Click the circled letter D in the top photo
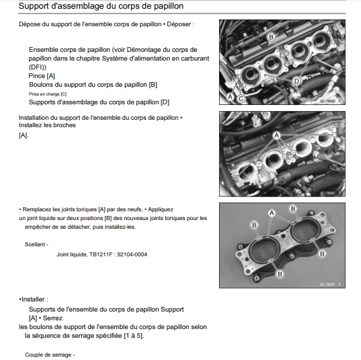[296, 81]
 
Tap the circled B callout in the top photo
[271, 37]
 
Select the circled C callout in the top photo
[241, 99]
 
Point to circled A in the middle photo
[276, 135]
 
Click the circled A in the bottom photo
[272, 213]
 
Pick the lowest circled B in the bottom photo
[280, 274]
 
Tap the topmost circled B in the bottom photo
[293, 209]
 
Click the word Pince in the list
[36, 76]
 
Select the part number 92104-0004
[132, 254]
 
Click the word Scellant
[35, 244]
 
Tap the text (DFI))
[38, 67]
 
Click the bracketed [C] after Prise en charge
[64, 94]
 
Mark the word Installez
[28, 125]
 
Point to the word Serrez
[52, 318]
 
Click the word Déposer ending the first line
[179, 24]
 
